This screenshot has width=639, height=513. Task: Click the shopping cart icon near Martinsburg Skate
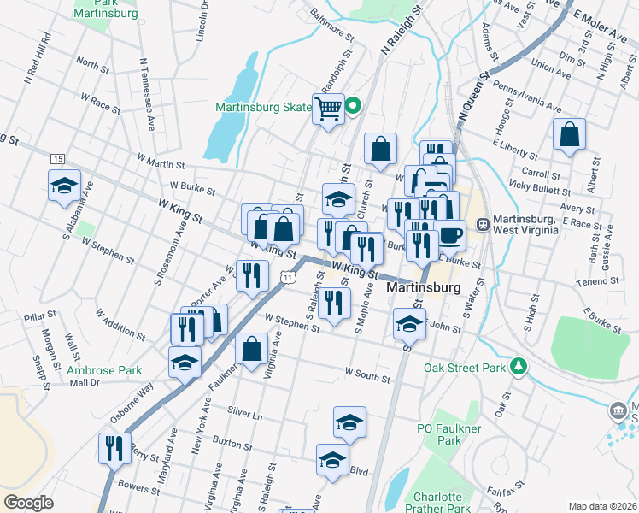click(x=328, y=109)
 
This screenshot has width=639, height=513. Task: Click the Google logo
click(x=29, y=503)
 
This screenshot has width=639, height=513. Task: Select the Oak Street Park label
click(x=465, y=369)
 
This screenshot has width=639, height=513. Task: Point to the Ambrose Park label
click(x=105, y=370)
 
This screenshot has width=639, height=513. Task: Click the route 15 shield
click(x=57, y=159)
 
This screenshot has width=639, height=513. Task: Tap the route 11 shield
click(x=290, y=278)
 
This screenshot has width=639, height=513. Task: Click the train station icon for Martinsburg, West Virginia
click(x=482, y=225)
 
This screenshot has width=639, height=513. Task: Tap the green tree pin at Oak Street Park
click(x=517, y=367)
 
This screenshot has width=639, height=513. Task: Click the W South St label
click(x=367, y=373)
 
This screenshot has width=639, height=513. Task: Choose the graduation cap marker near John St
click(x=409, y=325)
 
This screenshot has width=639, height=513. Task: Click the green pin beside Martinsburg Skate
click(x=354, y=107)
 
